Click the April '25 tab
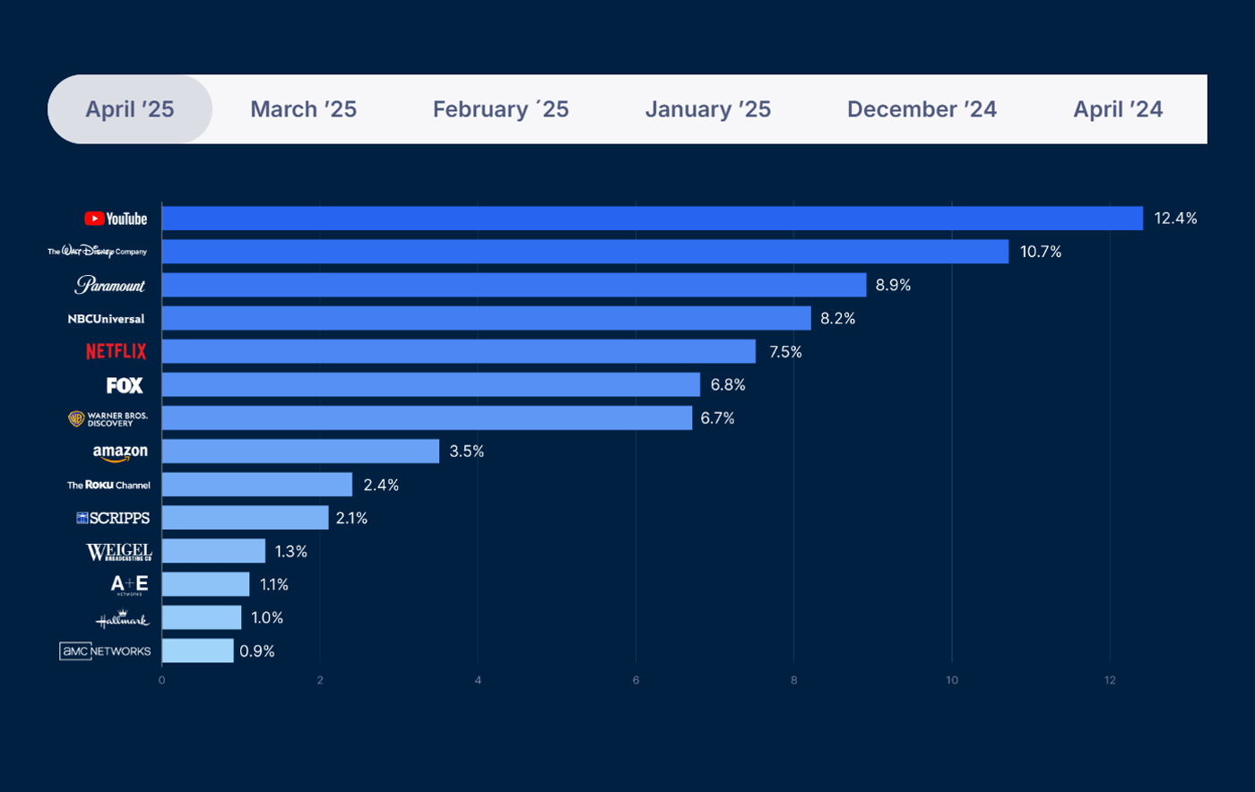click(x=130, y=109)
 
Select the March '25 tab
click(x=303, y=109)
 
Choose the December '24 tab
click(x=922, y=109)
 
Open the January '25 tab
click(x=707, y=109)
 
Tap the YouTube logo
click(x=116, y=219)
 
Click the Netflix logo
click(x=117, y=351)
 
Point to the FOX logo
click(x=125, y=385)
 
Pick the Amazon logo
click(x=120, y=452)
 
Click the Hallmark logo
click(x=122, y=619)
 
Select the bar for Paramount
click(x=514, y=285)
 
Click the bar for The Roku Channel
click(x=256, y=485)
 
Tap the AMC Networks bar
click(x=197, y=650)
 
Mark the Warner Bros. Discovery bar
click(x=427, y=418)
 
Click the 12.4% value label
click(x=1175, y=219)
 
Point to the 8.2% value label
click(x=838, y=318)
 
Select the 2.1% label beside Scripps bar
click(x=351, y=518)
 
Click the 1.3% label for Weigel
click(x=290, y=551)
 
